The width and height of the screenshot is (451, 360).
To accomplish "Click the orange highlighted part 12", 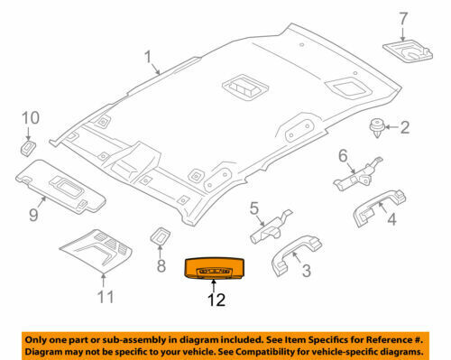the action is (x=214, y=268).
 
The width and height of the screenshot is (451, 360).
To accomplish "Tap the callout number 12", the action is (x=216, y=300).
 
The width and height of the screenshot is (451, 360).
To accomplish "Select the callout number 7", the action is (x=403, y=19).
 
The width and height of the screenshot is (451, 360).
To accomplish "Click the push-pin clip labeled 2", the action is (x=377, y=127).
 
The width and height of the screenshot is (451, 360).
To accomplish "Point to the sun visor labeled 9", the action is (x=60, y=187).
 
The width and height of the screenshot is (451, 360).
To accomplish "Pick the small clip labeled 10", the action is (x=28, y=147).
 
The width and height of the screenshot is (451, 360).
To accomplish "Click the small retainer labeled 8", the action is (x=161, y=235).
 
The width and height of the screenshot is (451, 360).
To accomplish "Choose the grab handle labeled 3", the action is (x=296, y=254).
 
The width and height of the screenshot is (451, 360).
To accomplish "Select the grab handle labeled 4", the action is (x=380, y=208).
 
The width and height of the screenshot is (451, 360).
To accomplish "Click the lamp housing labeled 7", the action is (x=408, y=50).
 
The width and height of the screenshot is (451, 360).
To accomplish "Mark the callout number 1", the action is (x=148, y=57).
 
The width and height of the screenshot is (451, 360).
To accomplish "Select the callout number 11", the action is (x=106, y=297).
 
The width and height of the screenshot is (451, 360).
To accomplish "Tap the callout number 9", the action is (x=33, y=215).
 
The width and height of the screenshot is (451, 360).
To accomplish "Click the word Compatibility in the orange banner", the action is (x=268, y=351).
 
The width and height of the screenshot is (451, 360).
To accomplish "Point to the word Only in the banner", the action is (x=34, y=340).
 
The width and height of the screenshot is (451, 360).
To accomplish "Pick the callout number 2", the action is (x=405, y=127).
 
